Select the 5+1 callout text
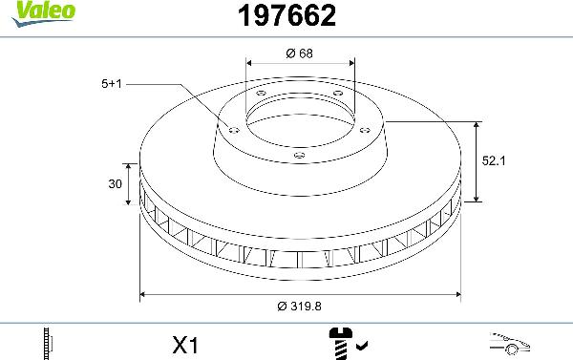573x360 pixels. pos(112,84)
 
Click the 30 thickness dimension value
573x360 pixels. pos(116,184)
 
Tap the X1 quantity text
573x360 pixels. pos(185,342)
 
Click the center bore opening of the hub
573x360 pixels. pos(299,119)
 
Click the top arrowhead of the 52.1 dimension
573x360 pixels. pos(477,125)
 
